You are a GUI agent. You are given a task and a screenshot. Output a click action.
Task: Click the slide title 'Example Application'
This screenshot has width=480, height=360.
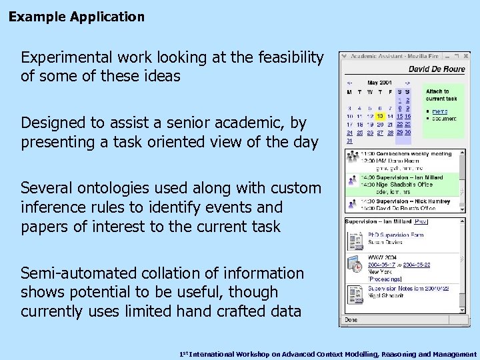pyautogui.click(x=77, y=17)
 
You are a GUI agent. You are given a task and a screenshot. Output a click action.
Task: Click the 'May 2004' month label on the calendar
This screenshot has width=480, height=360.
pyautogui.click(x=381, y=83)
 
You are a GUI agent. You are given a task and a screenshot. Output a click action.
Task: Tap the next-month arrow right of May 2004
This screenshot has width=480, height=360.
pyautogui.click(x=407, y=83)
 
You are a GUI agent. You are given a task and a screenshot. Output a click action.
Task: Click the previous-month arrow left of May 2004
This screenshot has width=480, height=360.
pyautogui.click(x=349, y=83)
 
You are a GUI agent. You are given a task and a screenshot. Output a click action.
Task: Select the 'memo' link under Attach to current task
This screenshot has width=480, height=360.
pyautogui.click(x=439, y=111)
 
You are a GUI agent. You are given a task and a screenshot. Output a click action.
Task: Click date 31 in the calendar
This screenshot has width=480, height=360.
pyautogui.click(x=349, y=141)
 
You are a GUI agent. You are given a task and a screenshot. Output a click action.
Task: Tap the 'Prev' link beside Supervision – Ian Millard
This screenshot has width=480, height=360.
pyautogui.click(x=421, y=221)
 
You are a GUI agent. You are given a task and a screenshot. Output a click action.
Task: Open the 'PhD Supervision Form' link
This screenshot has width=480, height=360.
pyautogui.click(x=396, y=235)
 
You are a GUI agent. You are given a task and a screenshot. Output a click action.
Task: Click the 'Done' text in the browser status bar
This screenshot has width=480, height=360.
pyautogui.click(x=352, y=320)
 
